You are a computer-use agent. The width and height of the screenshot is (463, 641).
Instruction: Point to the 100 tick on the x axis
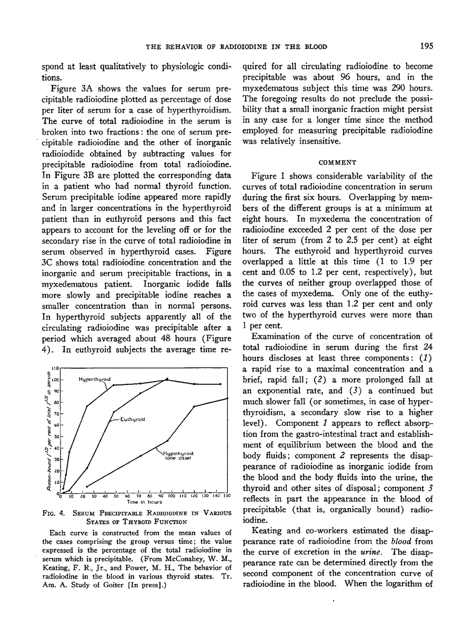point(171,496)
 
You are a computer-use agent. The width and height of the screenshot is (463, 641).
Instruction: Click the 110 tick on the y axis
point(55,368)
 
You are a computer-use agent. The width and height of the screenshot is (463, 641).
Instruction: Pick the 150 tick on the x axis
point(227,496)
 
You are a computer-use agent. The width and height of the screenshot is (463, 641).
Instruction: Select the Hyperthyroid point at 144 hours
point(220,384)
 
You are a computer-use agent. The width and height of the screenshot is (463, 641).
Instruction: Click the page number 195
point(427,46)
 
